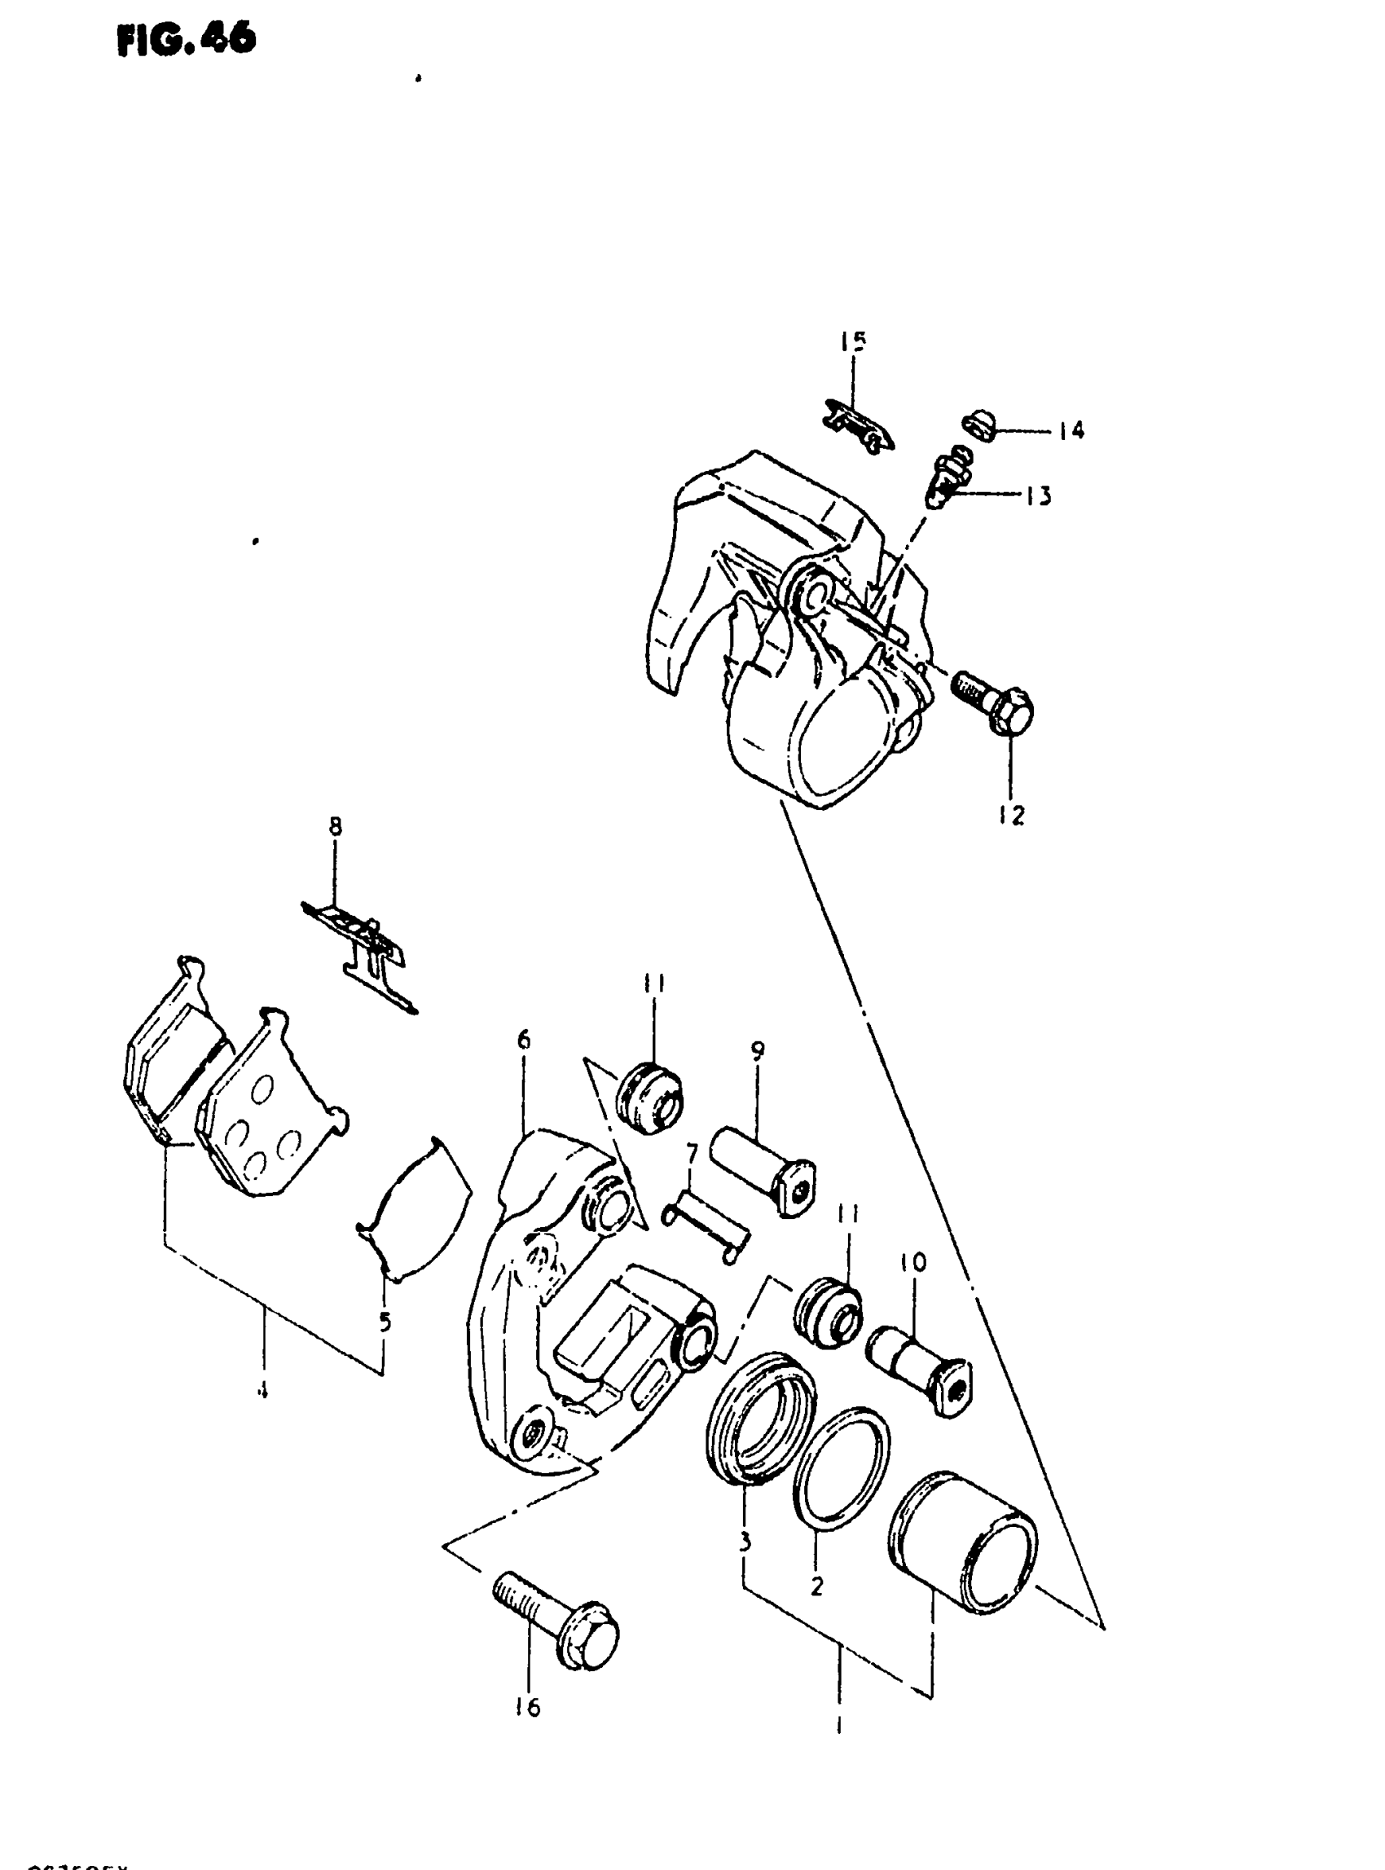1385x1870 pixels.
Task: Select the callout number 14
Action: click(x=1071, y=431)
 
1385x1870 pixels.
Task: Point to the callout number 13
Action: click(x=1038, y=496)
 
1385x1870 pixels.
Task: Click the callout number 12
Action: click(x=1012, y=814)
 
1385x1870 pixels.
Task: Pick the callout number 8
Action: click(x=335, y=827)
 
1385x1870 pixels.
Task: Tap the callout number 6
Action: click(x=524, y=1041)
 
